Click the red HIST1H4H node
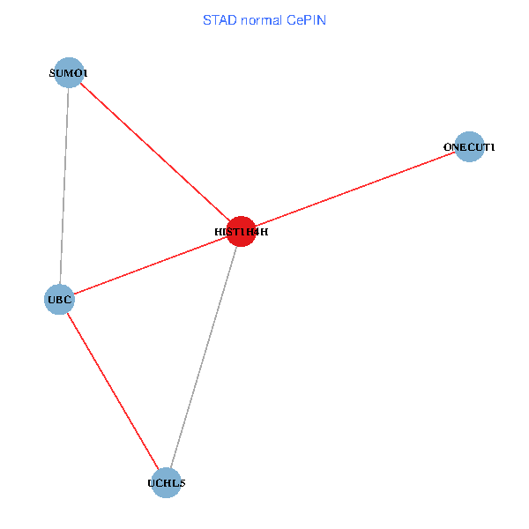(x=241, y=232)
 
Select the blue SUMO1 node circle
(x=69, y=72)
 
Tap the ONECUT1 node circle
(x=470, y=146)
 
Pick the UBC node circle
(x=59, y=299)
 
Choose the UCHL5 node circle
(x=167, y=483)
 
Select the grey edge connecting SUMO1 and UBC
(x=64, y=185)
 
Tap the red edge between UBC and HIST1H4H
(x=150, y=265)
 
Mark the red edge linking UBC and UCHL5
(x=113, y=391)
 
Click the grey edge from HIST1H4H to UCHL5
(x=204, y=357)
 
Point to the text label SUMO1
(x=68, y=73)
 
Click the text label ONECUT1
(x=470, y=147)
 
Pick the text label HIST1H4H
(x=241, y=233)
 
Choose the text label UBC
(x=59, y=300)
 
